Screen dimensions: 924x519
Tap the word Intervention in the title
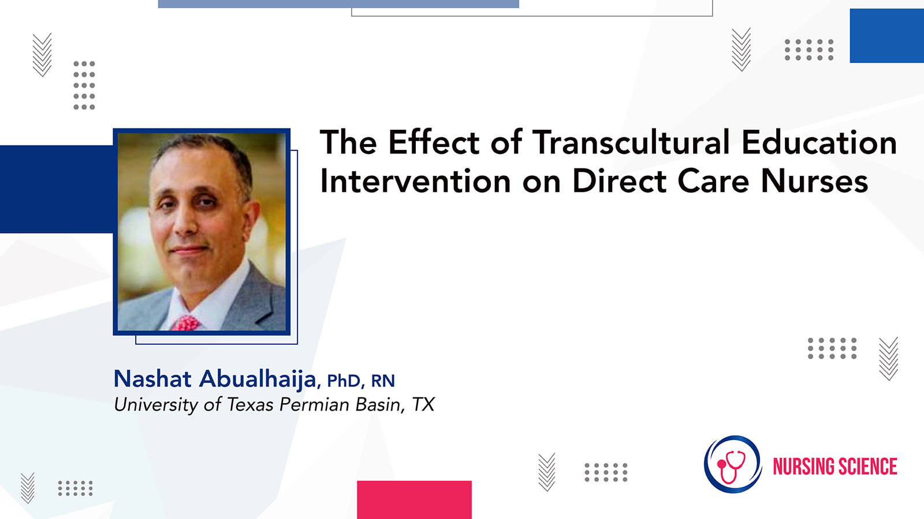[415, 181]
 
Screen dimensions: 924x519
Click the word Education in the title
[819, 142]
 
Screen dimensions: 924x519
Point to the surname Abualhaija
[258, 378]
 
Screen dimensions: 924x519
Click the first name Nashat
[152, 378]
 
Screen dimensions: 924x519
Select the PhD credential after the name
[344, 381]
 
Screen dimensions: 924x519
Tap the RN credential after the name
[383, 381]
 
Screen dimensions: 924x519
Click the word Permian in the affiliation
[314, 404]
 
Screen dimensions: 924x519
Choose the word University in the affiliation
[156, 405]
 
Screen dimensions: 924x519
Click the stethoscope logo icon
[733, 465]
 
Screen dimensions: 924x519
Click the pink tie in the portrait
[187, 322]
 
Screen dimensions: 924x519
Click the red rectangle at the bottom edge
[414, 499]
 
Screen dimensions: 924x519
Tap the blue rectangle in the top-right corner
[887, 36]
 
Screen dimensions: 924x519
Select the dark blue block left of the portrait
[57, 189]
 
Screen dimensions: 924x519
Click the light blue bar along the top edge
[338, 3]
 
